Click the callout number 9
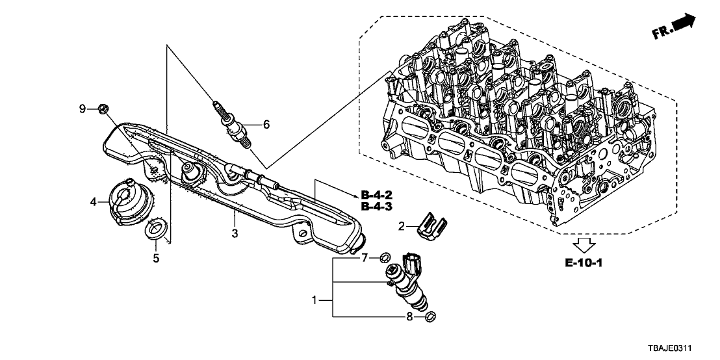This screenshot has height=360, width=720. coord(83,109)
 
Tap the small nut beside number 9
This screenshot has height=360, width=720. coord(102,109)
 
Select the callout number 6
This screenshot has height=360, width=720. coord(265,124)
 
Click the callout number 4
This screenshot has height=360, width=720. coord(94,203)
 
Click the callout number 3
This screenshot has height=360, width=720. coord(236,233)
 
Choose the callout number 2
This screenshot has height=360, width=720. coord(402,226)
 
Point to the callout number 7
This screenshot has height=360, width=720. coord(365,258)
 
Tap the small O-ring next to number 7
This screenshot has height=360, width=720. coord(384,257)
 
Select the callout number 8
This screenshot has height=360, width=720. coord(410,316)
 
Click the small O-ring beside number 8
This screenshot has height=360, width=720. coord(430,317)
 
